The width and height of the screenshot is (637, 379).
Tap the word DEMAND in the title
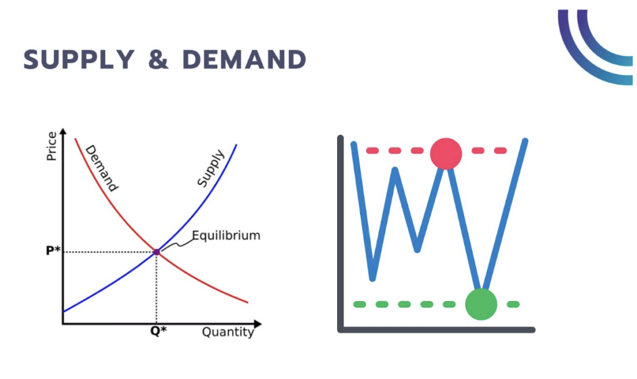click(x=244, y=59)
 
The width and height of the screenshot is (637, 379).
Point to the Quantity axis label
click(x=228, y=332)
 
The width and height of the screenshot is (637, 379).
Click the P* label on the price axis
click(x=53, y=251)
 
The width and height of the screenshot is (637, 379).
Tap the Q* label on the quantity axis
click(x=158, y=332)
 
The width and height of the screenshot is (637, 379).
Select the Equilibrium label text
click(x=226, y=236)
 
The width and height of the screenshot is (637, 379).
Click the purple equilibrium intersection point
click(x=156, y=252)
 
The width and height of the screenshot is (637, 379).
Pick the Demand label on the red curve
click(x=101, y=167)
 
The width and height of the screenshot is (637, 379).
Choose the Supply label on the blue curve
click(x=210, y=167)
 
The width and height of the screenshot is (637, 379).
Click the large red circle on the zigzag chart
click(x=446, y=153)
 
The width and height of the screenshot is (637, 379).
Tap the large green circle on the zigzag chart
click(x=481, y=304)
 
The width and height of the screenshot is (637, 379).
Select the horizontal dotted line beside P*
click(x=109, y=252)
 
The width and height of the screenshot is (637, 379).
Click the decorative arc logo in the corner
click(x=594, y=47)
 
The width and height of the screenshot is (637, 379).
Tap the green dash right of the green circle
click(x=513, y=304)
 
